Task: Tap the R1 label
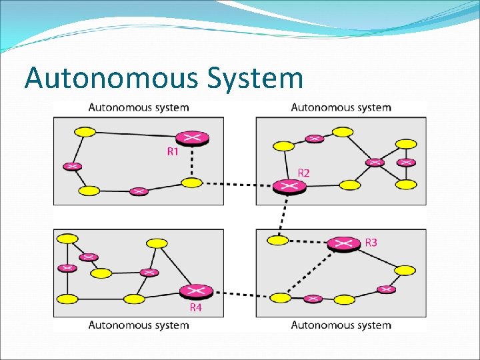click(x=173, y=152)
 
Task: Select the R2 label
click(x=303, y=173)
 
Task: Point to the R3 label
click(x=371, y=242)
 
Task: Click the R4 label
click(x=195, y=307)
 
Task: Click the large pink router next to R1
click(x=193, y=138)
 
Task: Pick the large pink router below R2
click(x=289, y=187)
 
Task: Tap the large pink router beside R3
click(x=343, y=244)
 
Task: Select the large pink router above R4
click(x=196, y=291)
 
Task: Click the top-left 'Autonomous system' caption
click(x=139, y=107)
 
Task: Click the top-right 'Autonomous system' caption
click(x=341, y=107)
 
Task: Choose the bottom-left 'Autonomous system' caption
click(x=139, y=325)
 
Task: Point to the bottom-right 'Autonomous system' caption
click(x=341, y=325)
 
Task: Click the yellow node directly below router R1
click(x=192, y=183)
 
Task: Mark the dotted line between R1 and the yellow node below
click(x=192, y=161)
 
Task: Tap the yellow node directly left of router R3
click(x=278, y=240)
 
